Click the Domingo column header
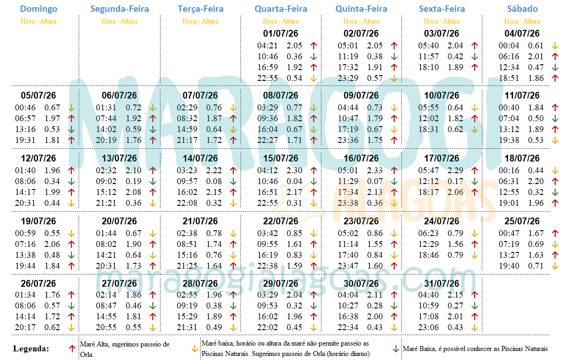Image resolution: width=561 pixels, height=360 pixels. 39,9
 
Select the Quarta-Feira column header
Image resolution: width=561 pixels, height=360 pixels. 281,9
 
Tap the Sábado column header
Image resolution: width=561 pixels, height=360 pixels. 522,9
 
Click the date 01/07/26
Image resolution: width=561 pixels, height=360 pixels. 281,33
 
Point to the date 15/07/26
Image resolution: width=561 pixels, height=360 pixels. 281,159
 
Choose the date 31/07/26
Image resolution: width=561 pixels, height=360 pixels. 442,284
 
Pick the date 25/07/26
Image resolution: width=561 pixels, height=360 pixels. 522,222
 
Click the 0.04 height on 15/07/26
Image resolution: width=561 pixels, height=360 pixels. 294,181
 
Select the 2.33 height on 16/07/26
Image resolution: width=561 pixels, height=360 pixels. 375,171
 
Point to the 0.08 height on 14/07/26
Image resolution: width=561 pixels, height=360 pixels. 214,181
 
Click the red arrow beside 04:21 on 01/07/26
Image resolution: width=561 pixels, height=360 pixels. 313,46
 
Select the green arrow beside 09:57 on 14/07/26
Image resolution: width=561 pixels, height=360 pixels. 233,181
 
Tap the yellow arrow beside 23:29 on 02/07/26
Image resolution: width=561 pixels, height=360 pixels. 394,78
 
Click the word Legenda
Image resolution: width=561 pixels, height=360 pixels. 31,349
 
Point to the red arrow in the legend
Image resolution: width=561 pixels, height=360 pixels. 71,349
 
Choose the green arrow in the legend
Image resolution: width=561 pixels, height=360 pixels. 396,349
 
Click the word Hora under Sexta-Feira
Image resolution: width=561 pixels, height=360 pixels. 431,21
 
